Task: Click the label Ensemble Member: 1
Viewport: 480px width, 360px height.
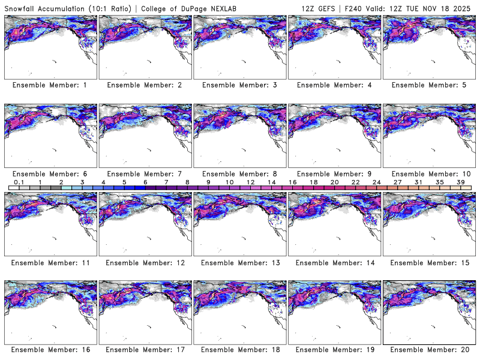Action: tap(50, 85)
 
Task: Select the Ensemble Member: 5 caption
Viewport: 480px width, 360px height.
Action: tap(429, 85)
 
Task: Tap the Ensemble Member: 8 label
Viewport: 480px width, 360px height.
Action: tap(239, 174)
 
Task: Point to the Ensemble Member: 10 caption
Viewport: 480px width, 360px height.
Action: tap(429, 174)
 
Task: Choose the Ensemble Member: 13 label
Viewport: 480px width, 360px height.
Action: tap(239, 263)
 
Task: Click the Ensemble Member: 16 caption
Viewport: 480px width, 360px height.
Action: tap(50, 349)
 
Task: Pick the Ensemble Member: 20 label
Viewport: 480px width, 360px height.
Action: tap(429, 349)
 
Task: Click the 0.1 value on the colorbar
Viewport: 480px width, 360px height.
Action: tap(19, 181)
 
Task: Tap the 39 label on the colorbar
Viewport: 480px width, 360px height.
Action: tap(460, 181)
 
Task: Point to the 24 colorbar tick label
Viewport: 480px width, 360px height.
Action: tap(376, 181)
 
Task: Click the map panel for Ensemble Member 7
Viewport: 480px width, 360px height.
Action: tap(145, 136)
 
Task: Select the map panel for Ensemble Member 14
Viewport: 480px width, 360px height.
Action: tap(334, 224)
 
